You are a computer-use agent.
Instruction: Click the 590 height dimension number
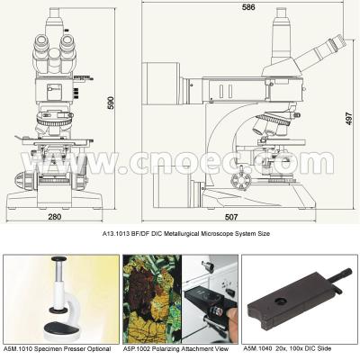click(x=111, y=103)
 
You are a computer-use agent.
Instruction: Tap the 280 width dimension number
click(x=54, y=217)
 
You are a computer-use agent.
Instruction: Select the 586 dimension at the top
click(x=248, y=7)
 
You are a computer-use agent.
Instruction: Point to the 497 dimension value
click(x=348, y=119)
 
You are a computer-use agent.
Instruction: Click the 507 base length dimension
click(x=231, y=217)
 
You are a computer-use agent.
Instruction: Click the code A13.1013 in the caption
click(x=115, y=234)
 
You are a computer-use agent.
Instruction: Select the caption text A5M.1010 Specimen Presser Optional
click(x=57, y=349)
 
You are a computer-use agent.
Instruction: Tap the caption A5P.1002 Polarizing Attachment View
click(x=175, y=349)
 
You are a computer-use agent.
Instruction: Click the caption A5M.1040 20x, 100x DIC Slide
click(x=287, y=348)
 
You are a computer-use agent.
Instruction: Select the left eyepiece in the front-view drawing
click(x=41, y=43)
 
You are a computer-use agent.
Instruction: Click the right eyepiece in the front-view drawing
click(x=67, y=42)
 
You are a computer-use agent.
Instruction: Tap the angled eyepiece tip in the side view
click(x=337, y=43)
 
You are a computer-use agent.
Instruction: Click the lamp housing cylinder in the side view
click(x=161, y=83)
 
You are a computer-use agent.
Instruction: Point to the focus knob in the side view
click(x=240, y=181)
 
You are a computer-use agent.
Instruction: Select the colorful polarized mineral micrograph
click(x=152, y=300)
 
